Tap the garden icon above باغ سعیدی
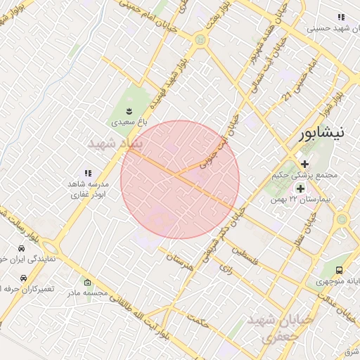pyautogui.click(x=129, y=110)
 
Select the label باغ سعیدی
pyautogui.click(x=129, y=122)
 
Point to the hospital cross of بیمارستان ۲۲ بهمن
pyautogui.click(x=301, y=188)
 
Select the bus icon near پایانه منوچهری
pyautogui.click(x=340, y=270)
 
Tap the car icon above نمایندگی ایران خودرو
pyautogui.click(x=22, y=249)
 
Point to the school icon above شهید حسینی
pyautogui.click(x=341, y=17)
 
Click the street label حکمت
pyautogui.click(x=200, y=321)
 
